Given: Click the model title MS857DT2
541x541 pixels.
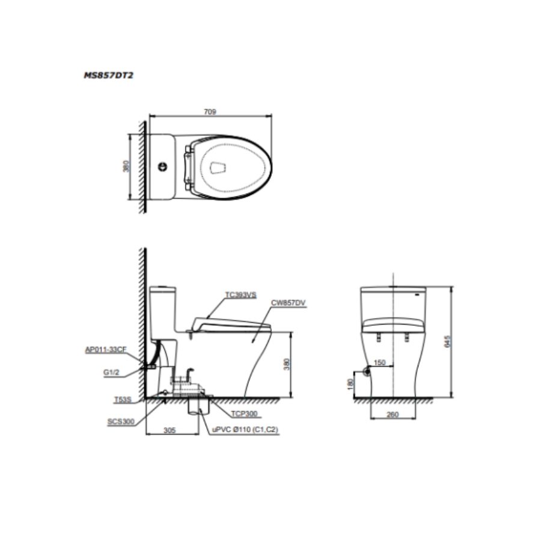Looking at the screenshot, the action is pyautogui.click(x=108, y=75).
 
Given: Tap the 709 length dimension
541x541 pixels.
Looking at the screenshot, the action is pyautogui.click(x=210, y=112).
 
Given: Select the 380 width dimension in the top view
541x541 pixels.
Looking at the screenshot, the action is pyautogui.click(x=126, y=167).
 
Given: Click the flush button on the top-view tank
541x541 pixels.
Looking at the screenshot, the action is pyautogui.click(x=162, y=167).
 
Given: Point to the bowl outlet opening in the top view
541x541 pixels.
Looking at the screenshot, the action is pyautogui.click(x=218, y=168).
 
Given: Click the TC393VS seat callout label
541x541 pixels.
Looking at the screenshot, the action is pyautogui.click(x=241, y=295).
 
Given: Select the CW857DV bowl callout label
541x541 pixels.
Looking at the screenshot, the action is pyautogui.click(x=288, y=303).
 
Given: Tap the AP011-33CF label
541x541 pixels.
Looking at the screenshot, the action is pyautogui.click(x=106, y=349).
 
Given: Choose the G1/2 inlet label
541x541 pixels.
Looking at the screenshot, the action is pyautogui.click(x=111, y=372).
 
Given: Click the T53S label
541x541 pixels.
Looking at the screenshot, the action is pyautogui.click(x=123, y=400).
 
